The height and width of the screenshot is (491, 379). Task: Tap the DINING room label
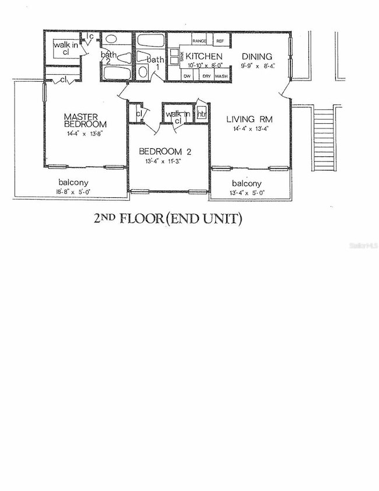[x=257, y=56]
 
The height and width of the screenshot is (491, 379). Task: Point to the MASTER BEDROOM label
[x=85, y=120]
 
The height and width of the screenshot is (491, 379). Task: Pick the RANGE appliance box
[x=199, y=40]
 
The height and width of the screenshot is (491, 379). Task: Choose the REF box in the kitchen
[x=220, y=40]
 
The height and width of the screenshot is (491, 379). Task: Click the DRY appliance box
[x=206, y=76]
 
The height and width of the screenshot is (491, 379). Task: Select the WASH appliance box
[x=221, y=76]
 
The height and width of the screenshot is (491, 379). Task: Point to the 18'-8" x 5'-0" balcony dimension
[x=69, y=191]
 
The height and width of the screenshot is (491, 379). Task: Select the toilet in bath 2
[x=125, y=58]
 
